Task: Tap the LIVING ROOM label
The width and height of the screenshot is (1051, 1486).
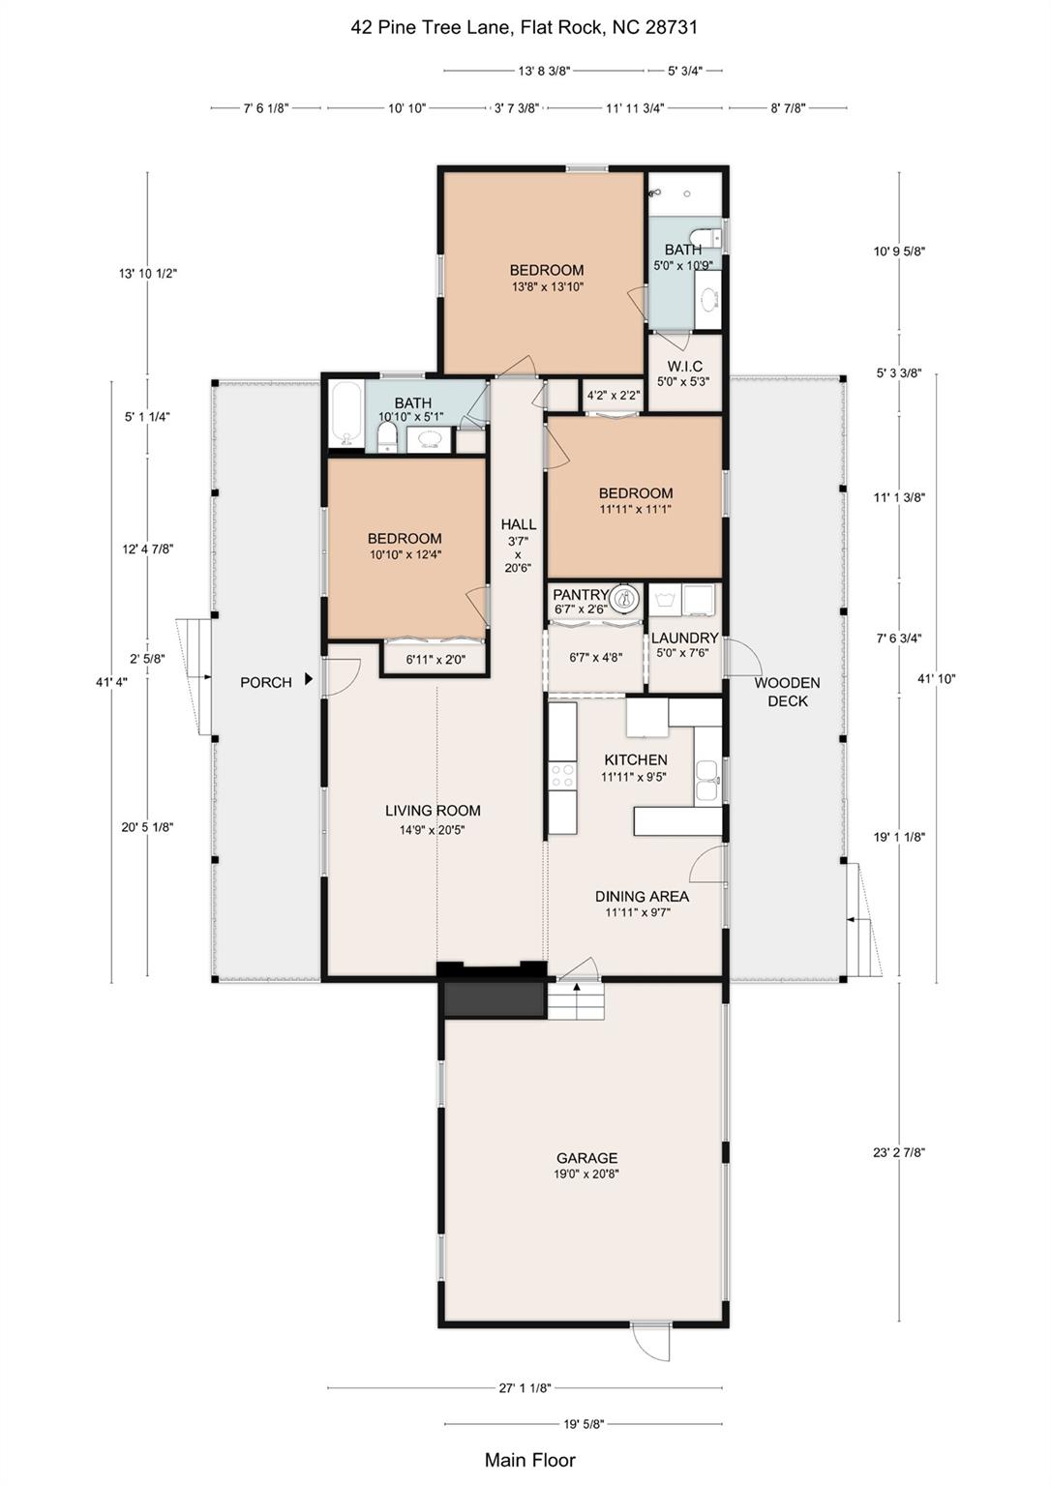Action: [x=433, y=810]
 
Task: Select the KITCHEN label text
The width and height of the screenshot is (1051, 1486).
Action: [x=636, y=759]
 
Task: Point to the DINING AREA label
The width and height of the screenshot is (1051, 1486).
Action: [x=642, y=896]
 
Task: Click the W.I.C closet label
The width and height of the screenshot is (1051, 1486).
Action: [x=685, y=367]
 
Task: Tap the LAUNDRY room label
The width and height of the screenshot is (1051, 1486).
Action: [x=685, y=638]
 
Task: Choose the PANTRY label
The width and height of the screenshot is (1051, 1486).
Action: [x=581, y=594]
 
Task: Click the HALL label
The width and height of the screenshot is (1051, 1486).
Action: [x=518, y=524]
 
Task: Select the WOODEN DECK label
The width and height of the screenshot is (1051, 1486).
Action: [x=787, y=692]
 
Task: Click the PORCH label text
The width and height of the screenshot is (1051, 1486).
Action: [x=266, y=682]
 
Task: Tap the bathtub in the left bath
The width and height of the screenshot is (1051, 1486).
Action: [x=345, y=414]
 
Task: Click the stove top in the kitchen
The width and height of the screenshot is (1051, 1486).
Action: [x=562, y=774]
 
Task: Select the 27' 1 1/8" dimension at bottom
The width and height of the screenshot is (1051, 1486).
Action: [x=525, y=1387]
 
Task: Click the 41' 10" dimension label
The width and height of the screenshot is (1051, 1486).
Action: [x=936, y=678]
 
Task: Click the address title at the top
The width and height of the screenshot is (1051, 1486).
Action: [x=525, y=27]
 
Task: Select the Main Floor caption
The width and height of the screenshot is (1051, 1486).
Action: [x=530, y=1460]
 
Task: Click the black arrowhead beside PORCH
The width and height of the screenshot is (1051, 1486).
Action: [x=309, y=678]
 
